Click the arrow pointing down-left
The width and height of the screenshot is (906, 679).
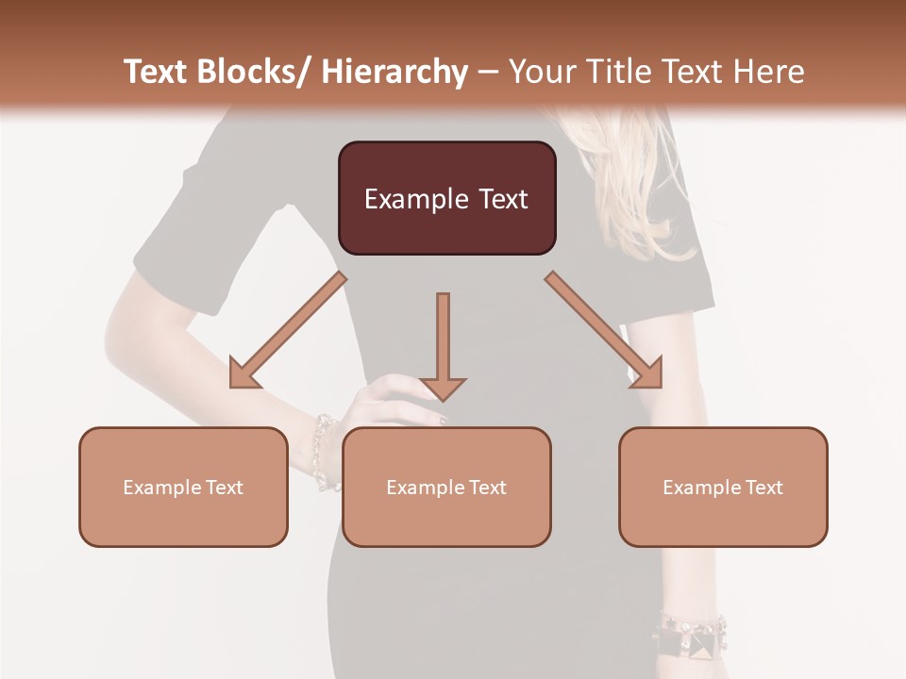point(287,331)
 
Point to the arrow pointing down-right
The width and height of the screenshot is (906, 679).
point(605,331)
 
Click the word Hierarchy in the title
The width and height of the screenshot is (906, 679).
point(394,72)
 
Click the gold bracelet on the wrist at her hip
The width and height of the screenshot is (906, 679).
point(324,451)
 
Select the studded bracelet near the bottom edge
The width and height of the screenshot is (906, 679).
point(694,637)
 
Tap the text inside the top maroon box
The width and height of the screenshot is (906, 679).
point(446,199)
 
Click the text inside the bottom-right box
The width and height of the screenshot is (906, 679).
point(723,488)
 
